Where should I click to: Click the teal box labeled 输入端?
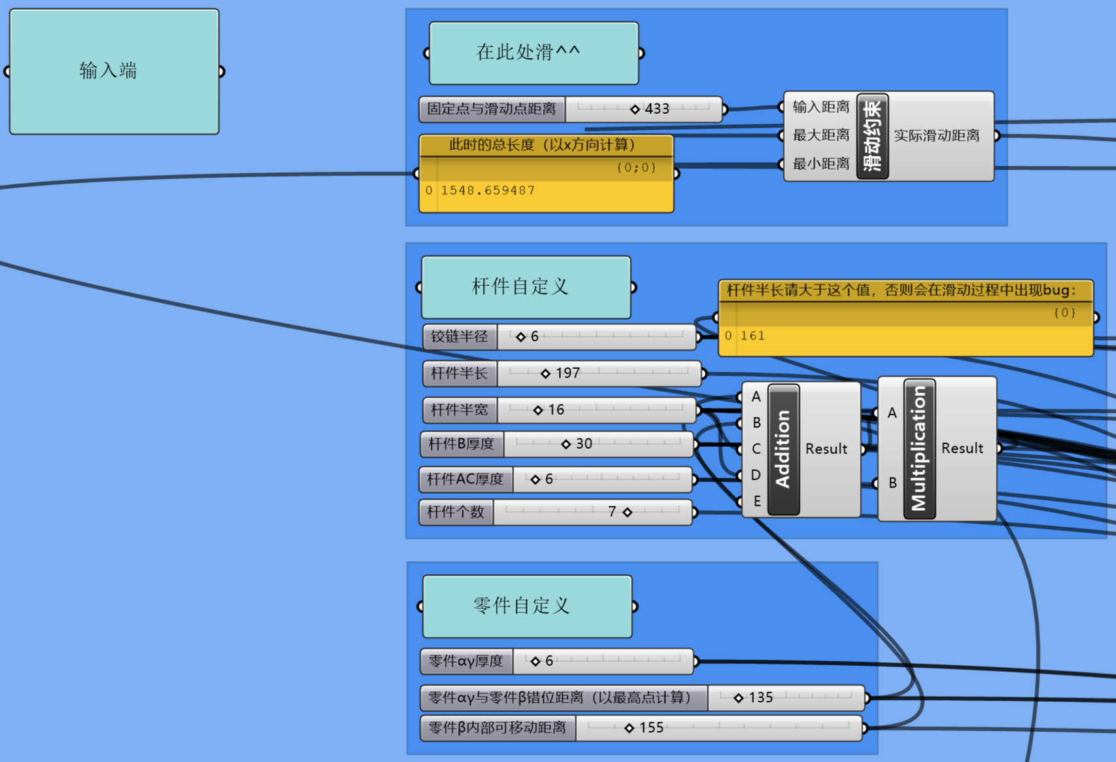tap(114, 71)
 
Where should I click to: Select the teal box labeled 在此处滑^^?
tap(533, 53)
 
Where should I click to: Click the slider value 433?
tap(656, 109)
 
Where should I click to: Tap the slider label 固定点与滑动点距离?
tap(492, 109)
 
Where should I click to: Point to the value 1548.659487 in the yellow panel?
tap(488, 190)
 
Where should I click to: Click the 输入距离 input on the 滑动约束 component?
tap(820, 107)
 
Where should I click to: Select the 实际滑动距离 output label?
tap(936, 136)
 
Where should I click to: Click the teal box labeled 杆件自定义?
tap(526, 287)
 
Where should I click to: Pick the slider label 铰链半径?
tap(460, 337)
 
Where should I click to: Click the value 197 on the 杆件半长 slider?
tap(567, 373)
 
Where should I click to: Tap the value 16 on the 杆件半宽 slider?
tap(555, 410)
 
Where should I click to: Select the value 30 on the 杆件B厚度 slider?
tap(583, 444)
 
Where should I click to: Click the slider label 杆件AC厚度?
tap(465, 479)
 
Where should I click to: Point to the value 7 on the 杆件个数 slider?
tap(612, 512)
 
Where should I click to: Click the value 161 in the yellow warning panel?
tap(752, 336)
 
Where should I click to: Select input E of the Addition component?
tap(757, 502)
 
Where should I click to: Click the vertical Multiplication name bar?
tap(919, 449)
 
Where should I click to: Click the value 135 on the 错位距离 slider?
tap(760, 698)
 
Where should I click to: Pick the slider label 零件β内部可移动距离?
tap(498, 728)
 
